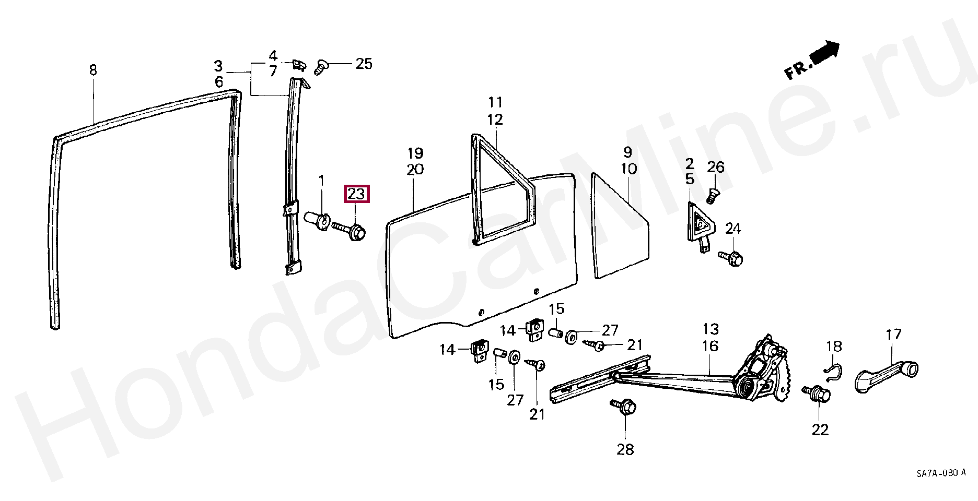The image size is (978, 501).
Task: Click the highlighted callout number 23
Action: coord(356,194)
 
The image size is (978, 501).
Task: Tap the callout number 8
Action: coord(93,70)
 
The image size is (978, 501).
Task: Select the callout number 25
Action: coord(364,64)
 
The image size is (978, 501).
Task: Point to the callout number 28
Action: coord(625,448)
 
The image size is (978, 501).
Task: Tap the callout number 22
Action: coord(820,430)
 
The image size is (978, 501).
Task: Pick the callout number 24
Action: coord(733,229)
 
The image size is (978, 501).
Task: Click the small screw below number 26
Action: coord(712,196)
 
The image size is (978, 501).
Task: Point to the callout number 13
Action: coord(710,329)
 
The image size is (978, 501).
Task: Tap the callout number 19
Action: coord(415,153)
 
